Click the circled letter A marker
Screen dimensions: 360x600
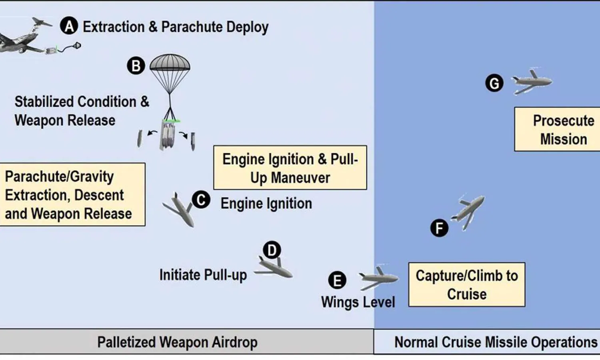[x=69, y=26]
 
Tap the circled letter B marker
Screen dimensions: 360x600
[x=136, y=66]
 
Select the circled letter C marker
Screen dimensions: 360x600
[x=201, y=200]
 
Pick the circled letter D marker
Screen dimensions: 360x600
[x=272, y=250]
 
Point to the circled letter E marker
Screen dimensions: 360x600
[x=337, y=280]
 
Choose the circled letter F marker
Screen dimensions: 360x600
[x=439, y=228]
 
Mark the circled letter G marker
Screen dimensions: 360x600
[x=494, y=84]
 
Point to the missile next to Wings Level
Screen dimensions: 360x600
[x=378, y=277]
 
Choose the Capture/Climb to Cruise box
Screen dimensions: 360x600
[x=466, y=284]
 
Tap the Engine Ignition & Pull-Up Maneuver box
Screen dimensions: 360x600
[x=290, y=168]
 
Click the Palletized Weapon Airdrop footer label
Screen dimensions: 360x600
[x=177, y=342]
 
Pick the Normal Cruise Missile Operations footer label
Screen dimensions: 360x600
[x=495, y=342]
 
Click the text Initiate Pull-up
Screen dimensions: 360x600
[x=203, y=275]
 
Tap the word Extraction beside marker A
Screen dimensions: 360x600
[x=113, y=27]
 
